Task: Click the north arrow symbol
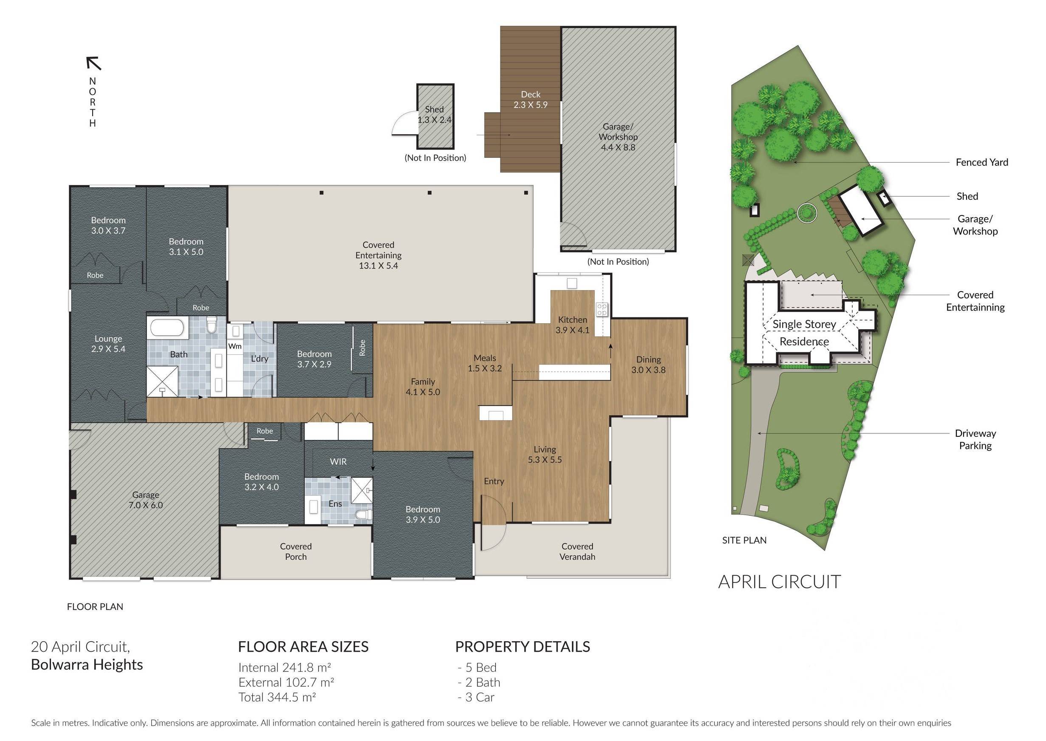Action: pos(93,63)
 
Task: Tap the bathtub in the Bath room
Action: pos(167,328)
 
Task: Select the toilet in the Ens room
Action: pos(364,515)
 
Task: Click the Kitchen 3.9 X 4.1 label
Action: pos(572,325)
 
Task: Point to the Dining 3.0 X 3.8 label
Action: pos(648,365)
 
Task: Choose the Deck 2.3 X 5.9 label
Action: pos(531,99)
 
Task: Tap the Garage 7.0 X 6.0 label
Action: pos(146,500)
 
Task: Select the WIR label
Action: pos(338,462)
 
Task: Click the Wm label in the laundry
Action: pos(235,346)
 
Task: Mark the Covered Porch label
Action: pos(296,551)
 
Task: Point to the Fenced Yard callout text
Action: pos(982,162)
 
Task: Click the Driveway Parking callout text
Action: pos(975,439)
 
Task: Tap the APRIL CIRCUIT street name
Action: pos(780,582)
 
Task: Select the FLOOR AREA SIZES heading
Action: pos(303,647)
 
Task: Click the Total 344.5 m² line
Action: pos(277,697)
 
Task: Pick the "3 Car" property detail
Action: pos(479,697)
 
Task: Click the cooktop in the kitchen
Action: pos(602,309)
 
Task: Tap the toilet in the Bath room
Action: pos(211,325)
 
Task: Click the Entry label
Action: pos(494,481)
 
